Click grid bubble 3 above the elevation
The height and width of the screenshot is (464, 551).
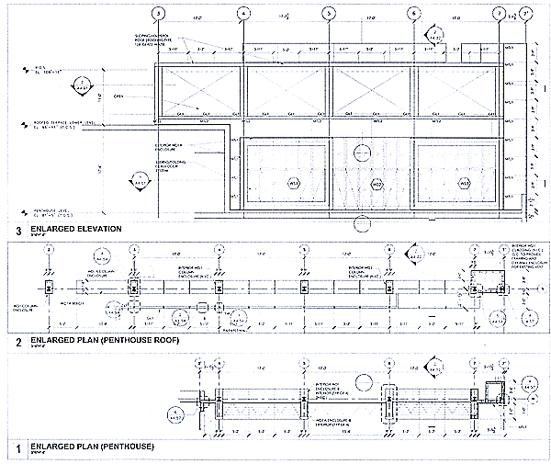pos(159,14)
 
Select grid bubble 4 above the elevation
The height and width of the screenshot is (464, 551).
pos(243,14)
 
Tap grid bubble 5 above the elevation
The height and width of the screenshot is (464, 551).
pos(329,14)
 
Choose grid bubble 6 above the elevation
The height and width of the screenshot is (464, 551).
pos(414,14)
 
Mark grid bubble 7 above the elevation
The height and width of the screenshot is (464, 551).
pos(500,14)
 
